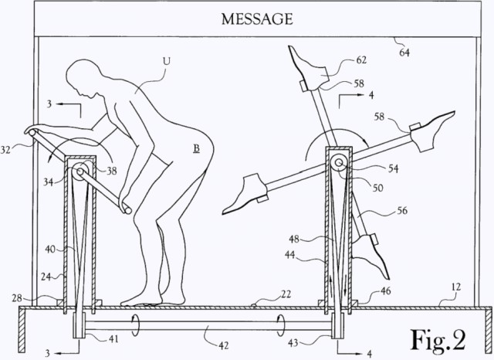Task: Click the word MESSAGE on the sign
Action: pyautogui.click(x=257, y=19)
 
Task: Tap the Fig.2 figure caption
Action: pyautogui.click(x=438, y=339)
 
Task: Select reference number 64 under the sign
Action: pyautogui.click(x=404, y=52)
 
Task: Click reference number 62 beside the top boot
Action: pyautogui.click(x=361, y=59)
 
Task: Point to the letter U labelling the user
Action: pyautogui.click(x=166, y=61)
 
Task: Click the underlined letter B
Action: pyautogui.click(x=196, y=148)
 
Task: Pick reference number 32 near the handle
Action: pyautogui.click(x=5, y=149)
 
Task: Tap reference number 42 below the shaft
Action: pyautogui.click(x=223, y=345)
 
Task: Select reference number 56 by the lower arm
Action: pyautogui.click(x=402, y=210)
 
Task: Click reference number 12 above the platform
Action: pyautogui.click(x=456, y=287)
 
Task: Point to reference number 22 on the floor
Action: pyautogui.click(x=286, y=294)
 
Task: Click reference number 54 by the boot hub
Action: pyautogui.click(x=393, y=168)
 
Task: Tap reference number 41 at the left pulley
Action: pyautogui.click(x=113, y=339)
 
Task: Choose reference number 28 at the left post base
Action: pyautogui.click(x=18, y=298)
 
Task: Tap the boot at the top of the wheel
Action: pyautogui.click(x=307, y=69)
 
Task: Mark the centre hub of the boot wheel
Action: pyautogui.click(x=339, y=163)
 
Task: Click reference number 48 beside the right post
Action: pyautogui.click(x=294, y=239)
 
